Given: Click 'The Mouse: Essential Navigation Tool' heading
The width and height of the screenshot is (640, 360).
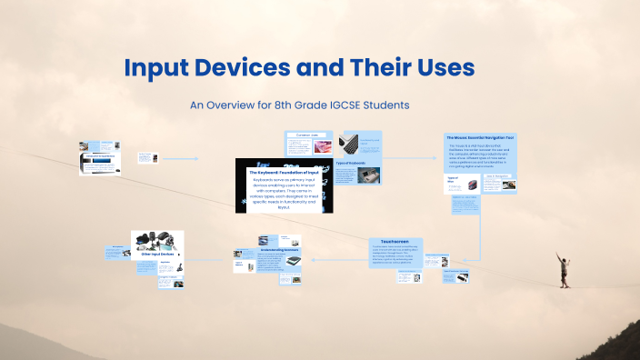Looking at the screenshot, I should point(480,137).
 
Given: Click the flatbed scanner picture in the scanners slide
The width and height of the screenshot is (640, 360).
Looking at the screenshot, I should point(294,260).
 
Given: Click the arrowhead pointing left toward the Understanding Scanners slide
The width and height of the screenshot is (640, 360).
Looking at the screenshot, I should point(313,259).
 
